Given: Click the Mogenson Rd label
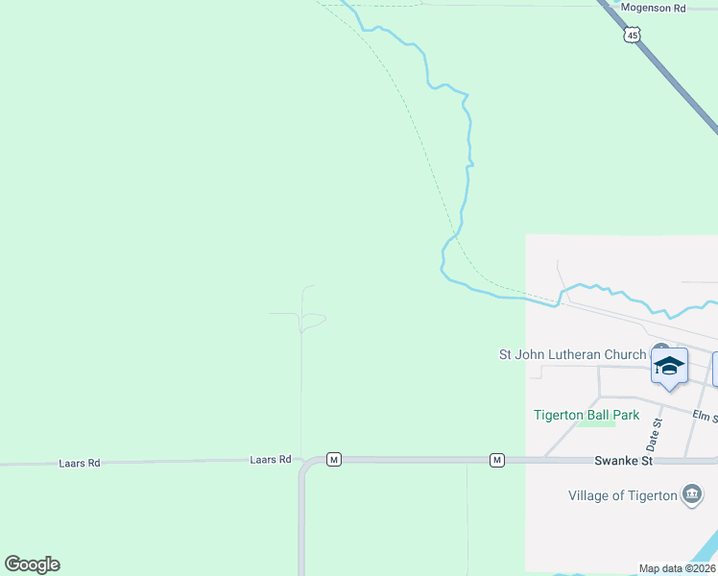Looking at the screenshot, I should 653,8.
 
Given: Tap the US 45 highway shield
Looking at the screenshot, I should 631,36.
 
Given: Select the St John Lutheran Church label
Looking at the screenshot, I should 572,354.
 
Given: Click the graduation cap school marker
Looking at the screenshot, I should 669,367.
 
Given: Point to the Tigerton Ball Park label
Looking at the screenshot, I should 586,415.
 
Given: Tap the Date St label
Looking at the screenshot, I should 655,435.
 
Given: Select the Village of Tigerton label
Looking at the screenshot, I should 622,495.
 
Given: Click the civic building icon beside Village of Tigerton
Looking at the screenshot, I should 691,495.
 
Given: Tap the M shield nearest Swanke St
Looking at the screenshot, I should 497,461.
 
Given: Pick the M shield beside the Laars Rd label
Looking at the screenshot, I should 333,460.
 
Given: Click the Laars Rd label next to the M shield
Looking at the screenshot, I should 270,460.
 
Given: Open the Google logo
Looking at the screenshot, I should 32,564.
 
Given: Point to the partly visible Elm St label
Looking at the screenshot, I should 706,416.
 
